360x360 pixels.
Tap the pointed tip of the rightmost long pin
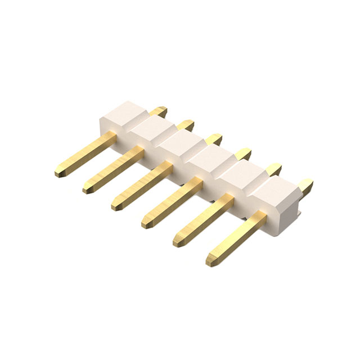tap(210, 262)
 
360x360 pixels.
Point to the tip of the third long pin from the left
tap(116, 206)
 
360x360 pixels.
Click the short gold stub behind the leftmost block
tap(160, 111)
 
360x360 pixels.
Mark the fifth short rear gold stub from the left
tap(272, 169)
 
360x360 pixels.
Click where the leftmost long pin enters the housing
tap(110, 137)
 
